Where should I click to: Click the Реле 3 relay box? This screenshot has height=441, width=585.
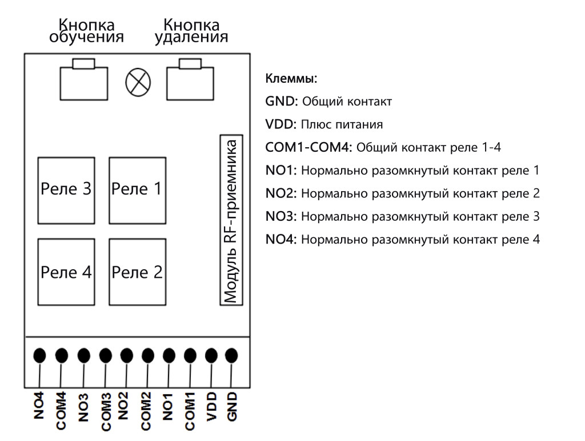coord(66,190)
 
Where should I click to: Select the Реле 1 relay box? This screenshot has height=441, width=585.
coord(137,190)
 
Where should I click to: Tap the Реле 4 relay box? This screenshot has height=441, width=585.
coord(66,273)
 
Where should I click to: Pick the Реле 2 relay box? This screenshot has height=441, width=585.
coord(137,273)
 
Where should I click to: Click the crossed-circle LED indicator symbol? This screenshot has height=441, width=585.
coord(138,83)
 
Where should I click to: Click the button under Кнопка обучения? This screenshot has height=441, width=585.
coord(83,81)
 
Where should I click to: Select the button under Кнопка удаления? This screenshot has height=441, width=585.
coord(190,81)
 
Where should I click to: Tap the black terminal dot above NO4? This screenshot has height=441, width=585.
coord(39,355)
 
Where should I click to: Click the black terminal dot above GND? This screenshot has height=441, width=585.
coord(231,355)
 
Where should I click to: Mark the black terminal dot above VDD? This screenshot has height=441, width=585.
coord(211,355)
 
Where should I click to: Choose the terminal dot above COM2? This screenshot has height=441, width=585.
coord(147,355)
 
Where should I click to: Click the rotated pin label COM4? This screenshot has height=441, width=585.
coord(61,410)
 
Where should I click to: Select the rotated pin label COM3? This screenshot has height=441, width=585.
coord(105,410)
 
